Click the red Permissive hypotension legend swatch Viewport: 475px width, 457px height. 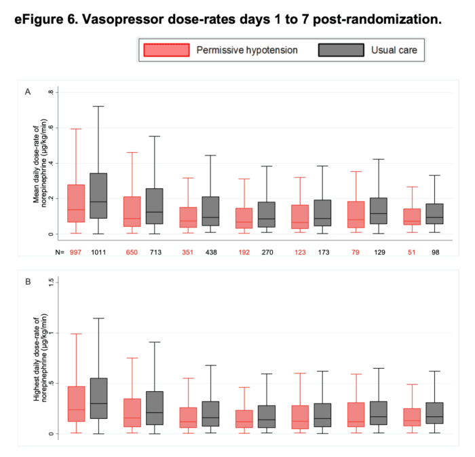pyautogui.click(x=166, y=50)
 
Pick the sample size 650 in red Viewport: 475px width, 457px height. pyautogui.click(x=132, y=252)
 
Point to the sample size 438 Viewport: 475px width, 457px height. pyautogui.click(x=210, y=252)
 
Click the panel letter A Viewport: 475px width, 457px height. pyautogui.click(x=28, y=91)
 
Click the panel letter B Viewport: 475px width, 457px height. pyautogui.click(x=28, y=278)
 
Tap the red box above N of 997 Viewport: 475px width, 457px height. pyautogui.click(x=76, y=203)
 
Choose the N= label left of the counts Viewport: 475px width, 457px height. pyautogui.click(x=59, y=252)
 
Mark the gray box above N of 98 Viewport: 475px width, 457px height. pyautogui.click(x=434, y=213)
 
